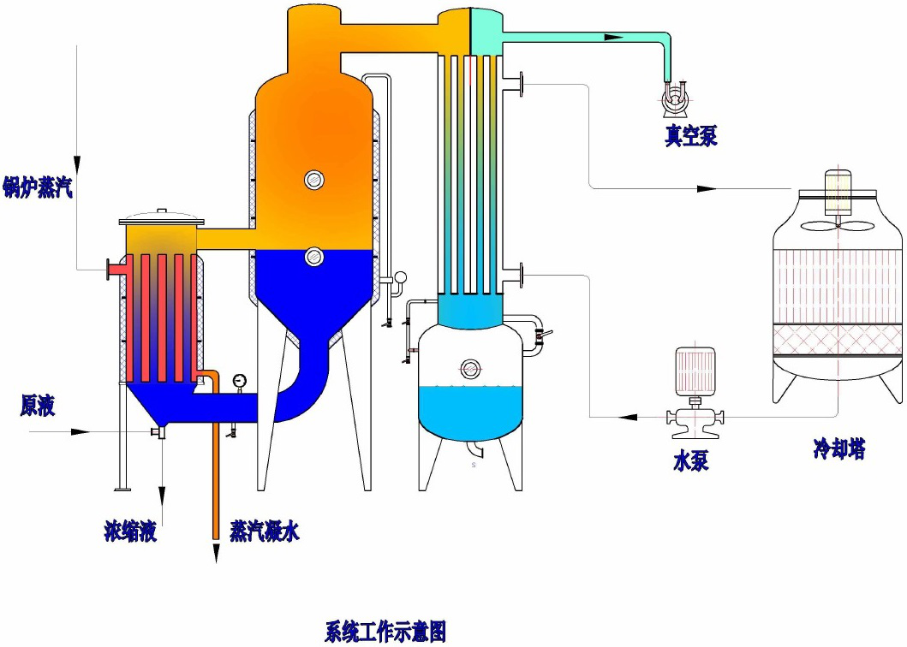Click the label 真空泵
click(x=690, y=136)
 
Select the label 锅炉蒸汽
click(x=37, y=187)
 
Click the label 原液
click(x=38, y=406)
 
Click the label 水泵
click(x=691, y=461)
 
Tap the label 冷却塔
click(x=838, y=448)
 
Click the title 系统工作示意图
click(x=385, y=632)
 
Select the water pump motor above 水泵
click(x=695, y=372)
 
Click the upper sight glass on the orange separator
click(x=314, y=179)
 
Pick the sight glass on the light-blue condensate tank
click(x=470, y=368)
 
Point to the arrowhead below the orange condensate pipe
click(x=215, y=553)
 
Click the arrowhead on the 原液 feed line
click(x=81, y=432)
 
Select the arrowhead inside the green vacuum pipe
click(x=612, y=37)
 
